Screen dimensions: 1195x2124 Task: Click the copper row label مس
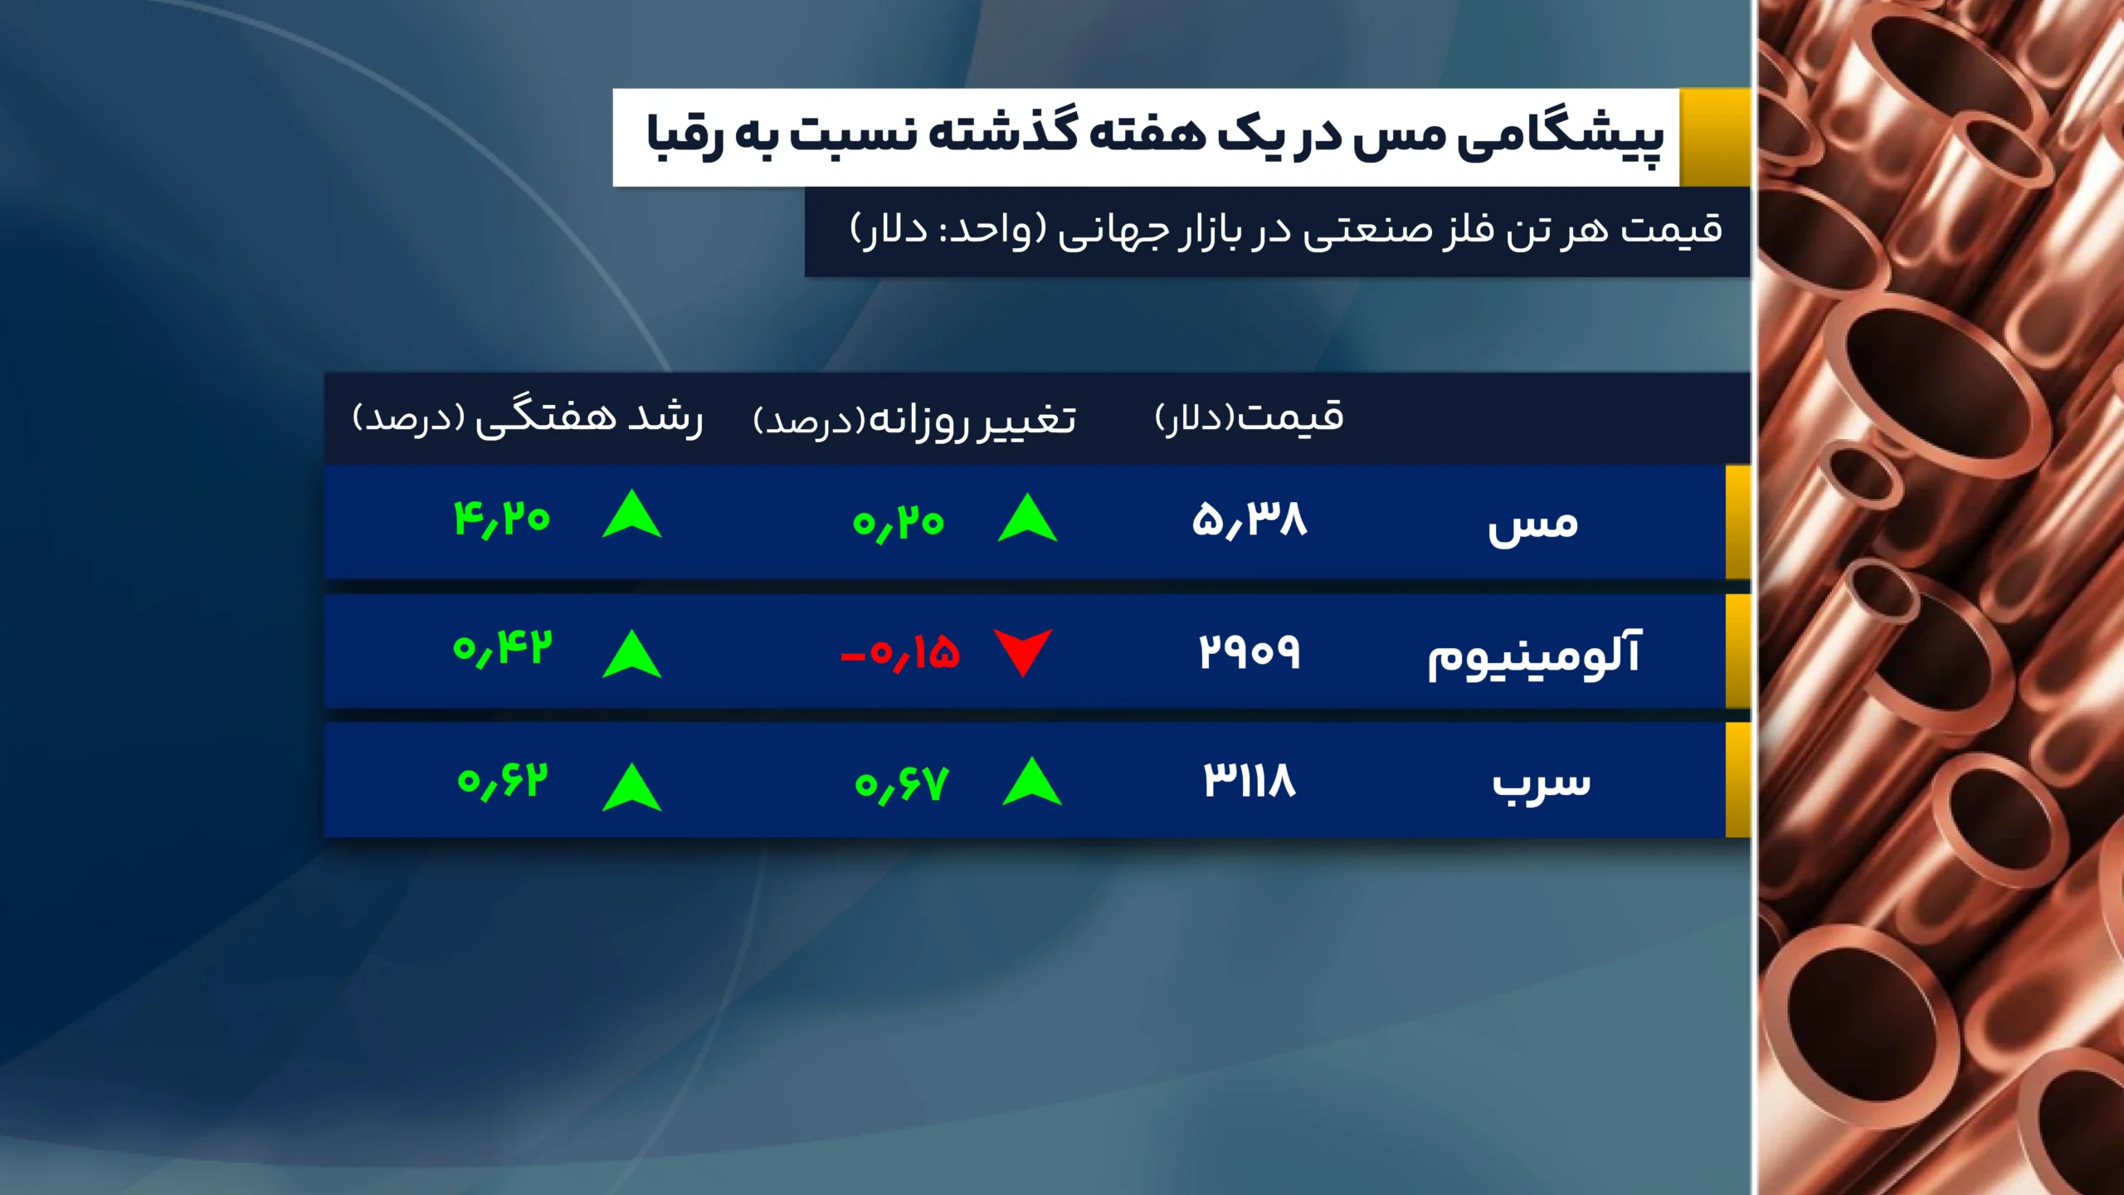coord(1532,524)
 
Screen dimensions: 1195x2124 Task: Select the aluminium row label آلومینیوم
coord(1533,655)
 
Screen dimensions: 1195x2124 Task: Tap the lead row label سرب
coord(1541,783)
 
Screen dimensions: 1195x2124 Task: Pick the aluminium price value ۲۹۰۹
coord(1250,652)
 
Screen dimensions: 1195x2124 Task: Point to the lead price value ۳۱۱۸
coord(1250,781)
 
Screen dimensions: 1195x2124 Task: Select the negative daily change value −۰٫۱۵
coord(900,653)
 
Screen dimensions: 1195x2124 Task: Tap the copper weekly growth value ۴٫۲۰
coord(502,519)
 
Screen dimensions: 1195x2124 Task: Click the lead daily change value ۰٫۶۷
coord(901,783)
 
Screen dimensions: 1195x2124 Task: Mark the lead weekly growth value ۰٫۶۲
coord(503,781)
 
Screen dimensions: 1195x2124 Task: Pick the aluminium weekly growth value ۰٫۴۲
coord(502,649)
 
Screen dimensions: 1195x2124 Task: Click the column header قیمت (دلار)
coord(1249,417)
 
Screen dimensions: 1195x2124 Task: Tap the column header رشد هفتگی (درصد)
coord(528,417)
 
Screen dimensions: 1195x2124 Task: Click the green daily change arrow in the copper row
coord(1027,519)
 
